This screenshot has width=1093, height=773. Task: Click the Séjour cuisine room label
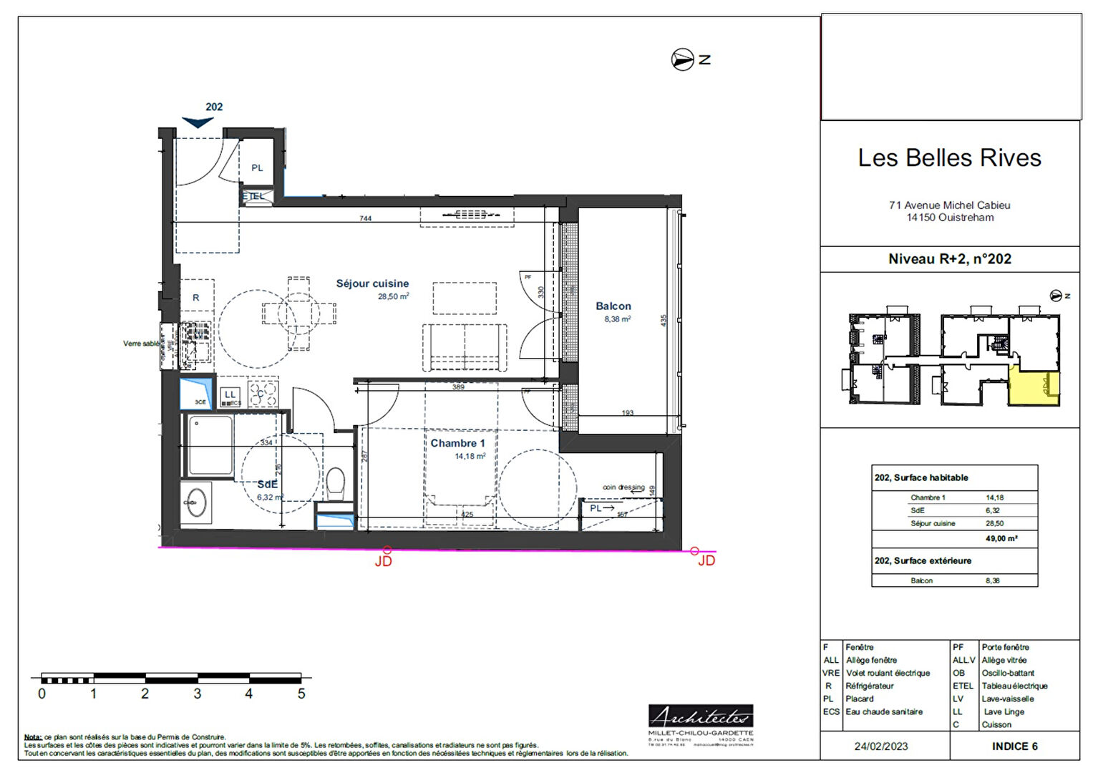pyautogui.click(x=372, y=283)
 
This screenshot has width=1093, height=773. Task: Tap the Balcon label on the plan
pyautogui.click(x=613, y=306)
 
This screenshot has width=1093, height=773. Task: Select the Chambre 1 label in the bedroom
pyautogui.click(x=457, y=443)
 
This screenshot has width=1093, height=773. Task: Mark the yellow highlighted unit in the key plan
pyautogui.click(x=1034, y=386)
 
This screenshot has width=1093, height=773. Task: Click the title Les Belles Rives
pyautogui.click(x=949, y=157)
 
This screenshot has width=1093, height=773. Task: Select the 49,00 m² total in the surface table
pyautogui.click(x=1001, y=538)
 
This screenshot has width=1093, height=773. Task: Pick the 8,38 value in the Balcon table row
pyautogui.click(x=992, y=580)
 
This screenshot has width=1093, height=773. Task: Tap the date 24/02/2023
pyautogui.click(x=880, y=746)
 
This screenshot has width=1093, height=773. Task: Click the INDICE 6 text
pyautogui.click(x=1014, y=746)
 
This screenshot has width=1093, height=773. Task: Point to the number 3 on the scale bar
pyautogui.click(x=197, y=694)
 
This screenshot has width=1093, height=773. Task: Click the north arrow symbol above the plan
pyautogui.click(x=682, y=59)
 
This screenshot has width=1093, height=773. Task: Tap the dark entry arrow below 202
pyautogui.click(x=198, y=122)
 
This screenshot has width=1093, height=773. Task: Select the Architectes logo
pyautogui.click(x=701, y=716)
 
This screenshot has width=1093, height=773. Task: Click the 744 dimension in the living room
pyautogui.click(x=365, y=218)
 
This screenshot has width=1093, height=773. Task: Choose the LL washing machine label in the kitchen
pyautogui.click(x=230, y=394)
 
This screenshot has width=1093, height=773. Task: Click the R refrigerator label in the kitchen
pyautogui.click(x=195, y=298)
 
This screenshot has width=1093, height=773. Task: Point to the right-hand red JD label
pyautogui.click(x=706, y=560)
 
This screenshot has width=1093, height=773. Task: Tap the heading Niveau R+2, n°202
pyautogui.click(x=949, y=259)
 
